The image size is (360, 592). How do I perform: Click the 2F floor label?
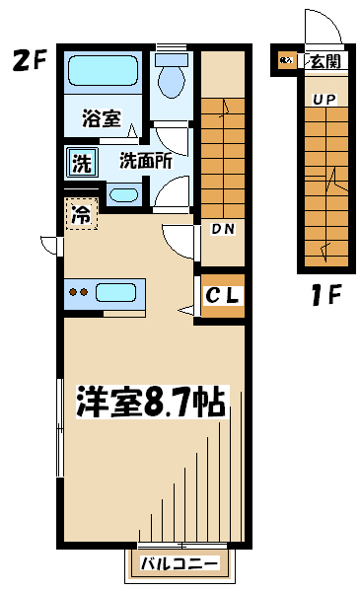29,60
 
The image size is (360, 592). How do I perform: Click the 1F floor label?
326,294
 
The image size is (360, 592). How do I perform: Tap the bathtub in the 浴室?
103,71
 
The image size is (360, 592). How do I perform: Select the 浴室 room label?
102,117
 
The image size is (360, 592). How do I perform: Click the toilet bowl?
172,78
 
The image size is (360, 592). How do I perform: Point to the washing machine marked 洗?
82,163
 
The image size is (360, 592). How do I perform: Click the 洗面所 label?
146,161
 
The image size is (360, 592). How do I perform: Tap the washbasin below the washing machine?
123,194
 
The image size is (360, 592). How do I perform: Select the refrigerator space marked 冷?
82,214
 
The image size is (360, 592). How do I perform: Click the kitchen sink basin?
115,293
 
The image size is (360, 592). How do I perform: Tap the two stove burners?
79,292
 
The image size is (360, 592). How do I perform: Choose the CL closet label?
222,295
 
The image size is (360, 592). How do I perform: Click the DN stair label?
223,229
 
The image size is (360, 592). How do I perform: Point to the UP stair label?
324,100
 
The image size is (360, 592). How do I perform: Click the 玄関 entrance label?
325,61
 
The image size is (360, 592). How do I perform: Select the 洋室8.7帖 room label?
152,402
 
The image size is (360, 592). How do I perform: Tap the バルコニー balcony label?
180,563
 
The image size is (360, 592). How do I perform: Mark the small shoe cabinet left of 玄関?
286,60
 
